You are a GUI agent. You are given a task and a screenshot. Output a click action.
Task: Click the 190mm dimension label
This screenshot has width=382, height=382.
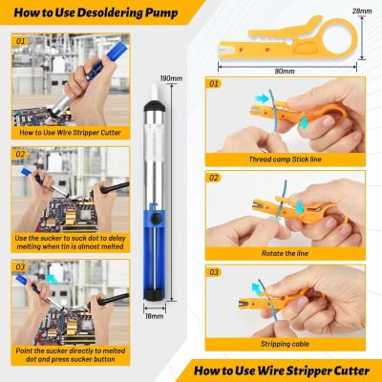[171, 78]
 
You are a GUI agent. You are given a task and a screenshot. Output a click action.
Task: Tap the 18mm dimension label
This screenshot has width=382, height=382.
[155, 316]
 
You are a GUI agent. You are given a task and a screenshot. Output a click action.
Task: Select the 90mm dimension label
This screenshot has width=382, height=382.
[285, 72]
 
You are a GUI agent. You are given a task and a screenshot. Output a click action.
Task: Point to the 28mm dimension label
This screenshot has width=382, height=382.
[362, 11]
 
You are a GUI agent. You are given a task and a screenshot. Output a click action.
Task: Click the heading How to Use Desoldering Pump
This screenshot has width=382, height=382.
[95, 12]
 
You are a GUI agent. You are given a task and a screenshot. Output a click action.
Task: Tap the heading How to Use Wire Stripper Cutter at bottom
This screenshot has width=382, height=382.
[282, 371]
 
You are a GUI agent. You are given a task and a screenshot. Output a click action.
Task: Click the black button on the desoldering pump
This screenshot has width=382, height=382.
[156, 218]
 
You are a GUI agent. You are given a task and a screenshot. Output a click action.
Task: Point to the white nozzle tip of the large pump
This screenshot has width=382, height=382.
[155, 92]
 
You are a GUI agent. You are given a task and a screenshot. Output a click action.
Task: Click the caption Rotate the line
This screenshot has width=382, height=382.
[285, 253]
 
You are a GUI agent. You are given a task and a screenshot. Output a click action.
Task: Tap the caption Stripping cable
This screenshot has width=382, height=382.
[285, 344]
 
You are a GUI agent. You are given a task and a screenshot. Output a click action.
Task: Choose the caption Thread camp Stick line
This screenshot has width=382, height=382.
[285, 159]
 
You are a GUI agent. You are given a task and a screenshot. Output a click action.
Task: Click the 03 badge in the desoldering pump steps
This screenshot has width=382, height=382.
[20, 266]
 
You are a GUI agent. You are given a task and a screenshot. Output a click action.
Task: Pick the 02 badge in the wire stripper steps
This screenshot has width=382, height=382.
[214, 178]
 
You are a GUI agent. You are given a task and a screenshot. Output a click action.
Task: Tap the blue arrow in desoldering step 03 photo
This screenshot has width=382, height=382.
[52, 279]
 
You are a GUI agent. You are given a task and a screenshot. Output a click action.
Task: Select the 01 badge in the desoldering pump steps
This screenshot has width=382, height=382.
[20, 41]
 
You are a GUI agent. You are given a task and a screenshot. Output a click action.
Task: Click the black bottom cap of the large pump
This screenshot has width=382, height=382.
[155, 294]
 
